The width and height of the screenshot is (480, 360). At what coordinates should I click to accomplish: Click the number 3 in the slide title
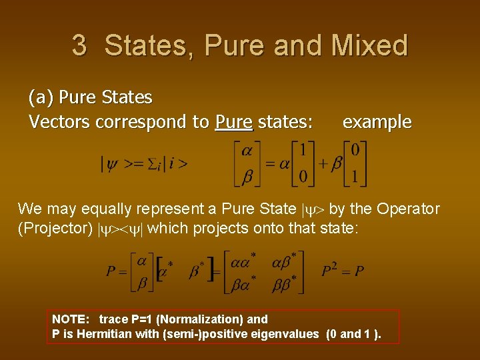tap(79, 45)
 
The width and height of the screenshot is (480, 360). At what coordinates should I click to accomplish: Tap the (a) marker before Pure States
tap(41, 97)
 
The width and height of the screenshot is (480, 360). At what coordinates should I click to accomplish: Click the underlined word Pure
tap(234, 122)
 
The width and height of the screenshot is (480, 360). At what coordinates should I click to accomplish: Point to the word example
tap(377, 122)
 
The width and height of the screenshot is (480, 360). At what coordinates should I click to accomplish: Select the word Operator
tap(408, 209)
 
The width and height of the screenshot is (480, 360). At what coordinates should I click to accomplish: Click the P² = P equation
tap(343, 271)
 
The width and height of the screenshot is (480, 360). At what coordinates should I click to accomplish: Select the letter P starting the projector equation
tap(111, 271)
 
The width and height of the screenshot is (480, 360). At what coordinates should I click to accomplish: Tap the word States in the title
tap(151, 45)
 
